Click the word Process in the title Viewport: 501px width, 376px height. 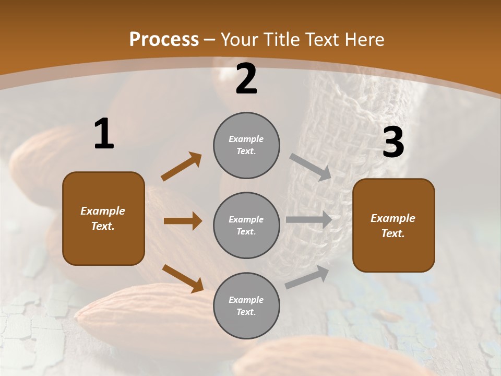(164, 40)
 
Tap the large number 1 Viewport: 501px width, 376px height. (104, 134)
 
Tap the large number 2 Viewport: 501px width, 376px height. (246, 79)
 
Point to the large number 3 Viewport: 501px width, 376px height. (393, 143)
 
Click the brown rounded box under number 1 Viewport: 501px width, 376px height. (103, 218)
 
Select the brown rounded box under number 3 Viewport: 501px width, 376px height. (393, 226)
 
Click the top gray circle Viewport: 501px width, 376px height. (246, 145)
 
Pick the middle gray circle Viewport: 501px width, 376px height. (246, 225)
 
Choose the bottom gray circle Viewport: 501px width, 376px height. (246, 305)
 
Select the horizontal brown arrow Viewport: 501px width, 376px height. (183, 221)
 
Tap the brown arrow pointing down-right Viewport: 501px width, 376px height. (183, 278)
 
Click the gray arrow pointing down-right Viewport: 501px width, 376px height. (311, 167)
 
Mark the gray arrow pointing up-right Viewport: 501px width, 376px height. (307, 277)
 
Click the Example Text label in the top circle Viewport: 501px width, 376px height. (246, 145)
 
